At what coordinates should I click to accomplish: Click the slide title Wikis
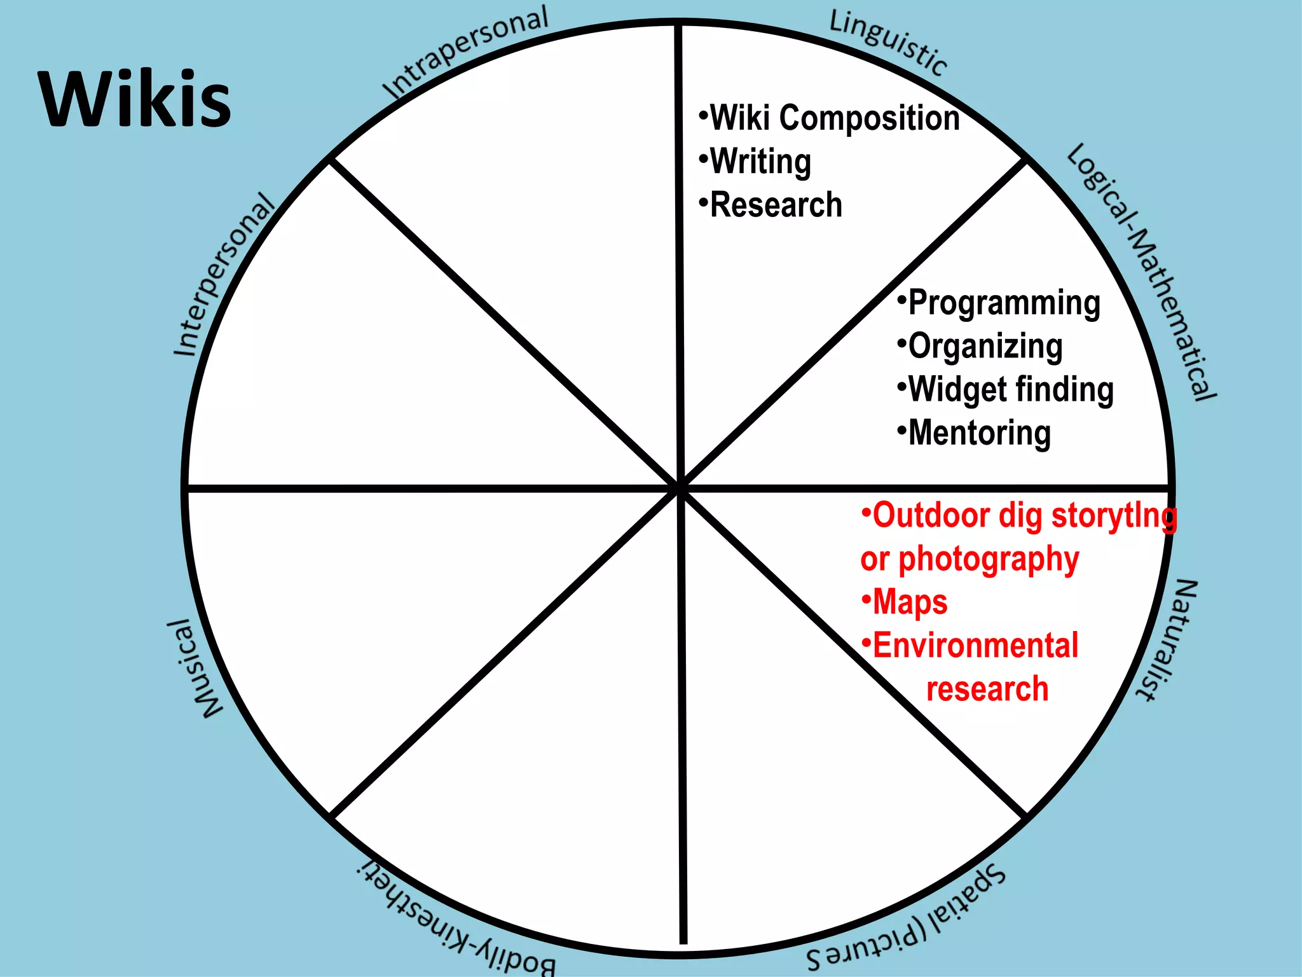click(x=135, y=100)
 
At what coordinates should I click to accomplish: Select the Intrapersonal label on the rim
click(x=466, y=53)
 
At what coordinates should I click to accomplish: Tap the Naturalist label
click(x=1167, y=640)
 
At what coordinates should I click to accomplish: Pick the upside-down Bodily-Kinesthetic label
click(x=456, y=920)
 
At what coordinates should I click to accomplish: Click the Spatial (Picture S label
click(x=907, y=918)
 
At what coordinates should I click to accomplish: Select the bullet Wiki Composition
click(x=833, y=118)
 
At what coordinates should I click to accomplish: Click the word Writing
click(x=760, y=162)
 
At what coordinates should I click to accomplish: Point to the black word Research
click(x=776, y=205)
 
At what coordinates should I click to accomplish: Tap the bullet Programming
click(x=1004, y=303)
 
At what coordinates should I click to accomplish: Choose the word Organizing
click(x=985, y=347)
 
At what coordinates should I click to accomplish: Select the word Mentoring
click(x=979, y=433)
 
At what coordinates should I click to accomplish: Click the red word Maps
click(x=910, y=602)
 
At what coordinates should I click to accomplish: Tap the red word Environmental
click(x=975, y=646)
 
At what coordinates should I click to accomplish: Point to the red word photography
click(x=989, y=559)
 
